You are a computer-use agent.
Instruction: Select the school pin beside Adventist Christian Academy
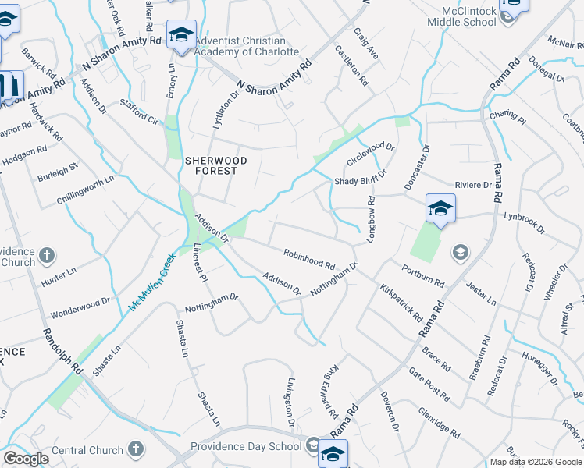181,36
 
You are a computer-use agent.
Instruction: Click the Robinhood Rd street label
309,260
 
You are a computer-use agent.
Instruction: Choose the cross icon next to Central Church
136,449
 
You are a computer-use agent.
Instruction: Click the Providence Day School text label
246,446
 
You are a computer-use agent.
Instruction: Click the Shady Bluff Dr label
361,182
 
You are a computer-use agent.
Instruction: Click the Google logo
26,459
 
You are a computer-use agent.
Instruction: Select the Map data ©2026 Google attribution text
535,462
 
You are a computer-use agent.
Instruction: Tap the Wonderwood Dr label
80,307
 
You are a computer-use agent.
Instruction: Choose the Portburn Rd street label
422,276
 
